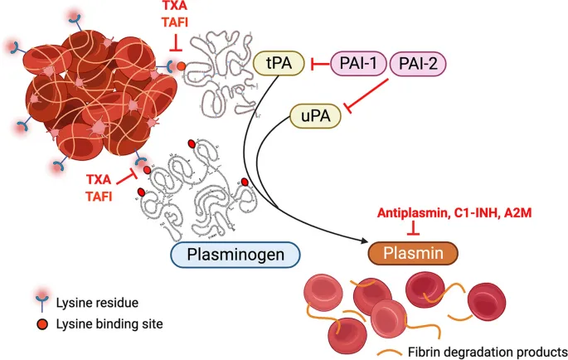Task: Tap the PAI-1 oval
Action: pyautogui.click(x=357, y=64)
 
